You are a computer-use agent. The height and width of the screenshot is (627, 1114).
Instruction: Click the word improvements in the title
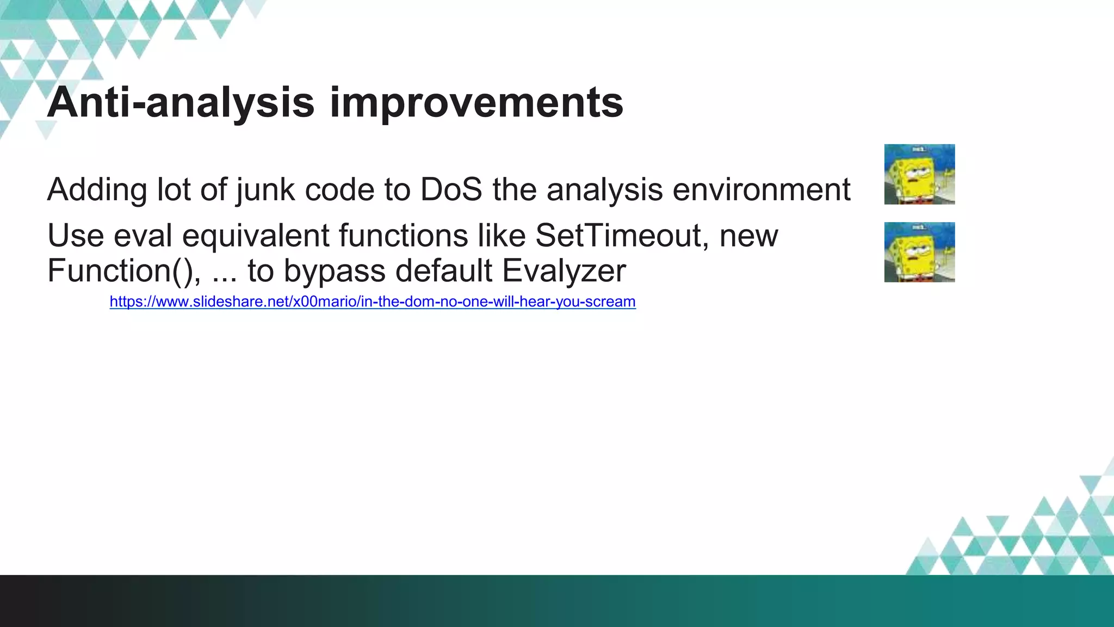[476, 103]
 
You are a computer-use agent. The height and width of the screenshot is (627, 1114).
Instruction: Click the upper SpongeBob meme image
[919, 174]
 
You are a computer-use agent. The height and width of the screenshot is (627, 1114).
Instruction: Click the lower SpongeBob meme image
[919, 252]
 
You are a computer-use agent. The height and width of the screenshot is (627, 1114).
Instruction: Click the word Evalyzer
[564, 271]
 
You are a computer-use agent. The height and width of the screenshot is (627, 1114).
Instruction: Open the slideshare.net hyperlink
[372, 302]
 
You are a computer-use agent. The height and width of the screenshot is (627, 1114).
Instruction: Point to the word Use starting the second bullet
[76, 236]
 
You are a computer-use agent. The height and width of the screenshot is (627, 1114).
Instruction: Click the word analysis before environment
[604, 189]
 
